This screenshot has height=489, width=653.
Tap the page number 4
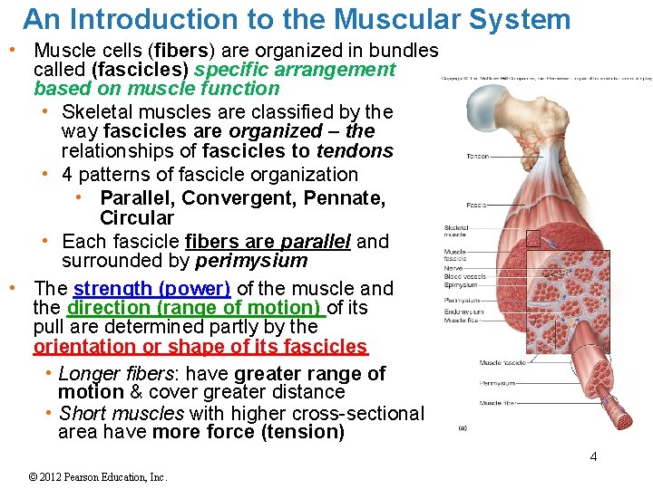click(593, 456)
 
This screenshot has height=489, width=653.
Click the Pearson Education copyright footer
click(99, 477)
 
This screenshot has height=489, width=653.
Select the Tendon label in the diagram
click(477, 157)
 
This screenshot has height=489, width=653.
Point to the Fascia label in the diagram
click(476, 206)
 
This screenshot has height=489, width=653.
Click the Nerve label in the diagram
click(453, 268)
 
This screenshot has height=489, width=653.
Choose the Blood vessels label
click(463, 276)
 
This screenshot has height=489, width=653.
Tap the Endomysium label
click(463, 312)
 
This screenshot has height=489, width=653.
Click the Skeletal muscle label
click(456, 231)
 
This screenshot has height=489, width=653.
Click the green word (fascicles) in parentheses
click(140, 70)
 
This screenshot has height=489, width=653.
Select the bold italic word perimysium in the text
click(251, 261)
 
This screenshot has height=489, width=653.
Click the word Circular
click(136, 218)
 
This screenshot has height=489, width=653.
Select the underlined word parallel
click(316, 242)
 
